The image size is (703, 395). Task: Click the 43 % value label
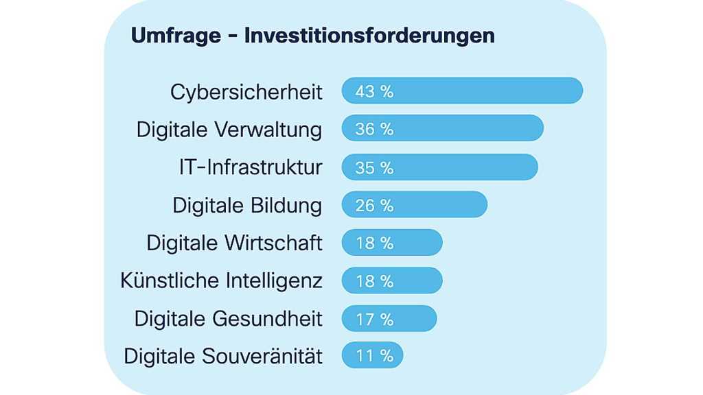pos(374,91)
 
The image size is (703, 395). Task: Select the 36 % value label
pos(374,129)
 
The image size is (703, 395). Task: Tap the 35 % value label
pos(374,167)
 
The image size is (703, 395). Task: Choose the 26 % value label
pos(374,205)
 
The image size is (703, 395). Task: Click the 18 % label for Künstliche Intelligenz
pos(374,281)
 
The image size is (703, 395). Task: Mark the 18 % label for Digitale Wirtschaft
pos(374,243)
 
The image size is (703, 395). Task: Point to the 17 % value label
pos(374,319)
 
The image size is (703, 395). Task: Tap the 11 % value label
pos(374,355)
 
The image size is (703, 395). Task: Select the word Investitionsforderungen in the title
pos(369,36)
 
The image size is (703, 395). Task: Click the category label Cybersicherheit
pos(246,93)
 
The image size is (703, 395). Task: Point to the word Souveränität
pos(263,356)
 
